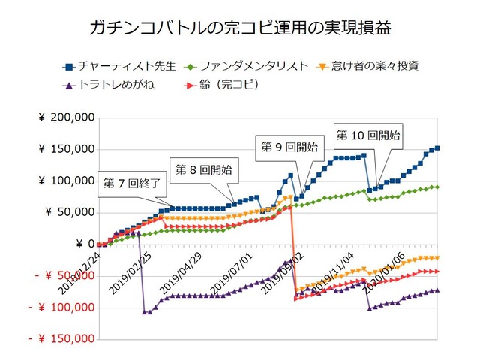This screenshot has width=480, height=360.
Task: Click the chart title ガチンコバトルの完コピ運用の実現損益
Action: [239, 29]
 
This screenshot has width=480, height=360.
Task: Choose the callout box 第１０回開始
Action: [367, 136]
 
